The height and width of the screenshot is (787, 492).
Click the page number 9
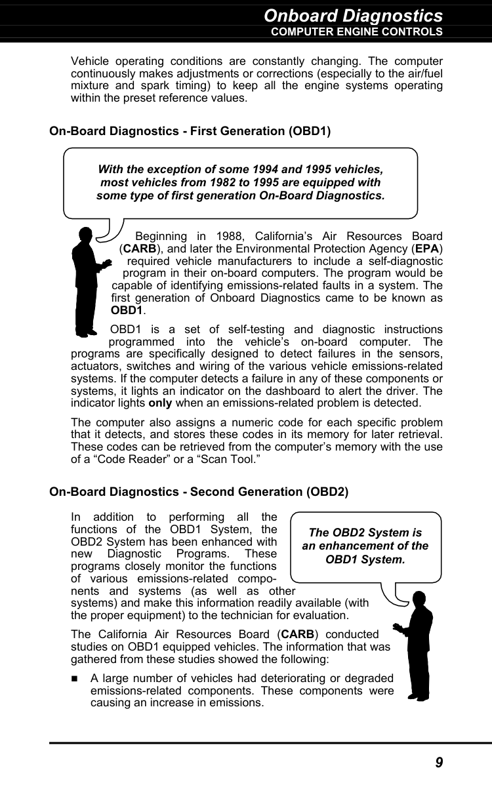[439, 762]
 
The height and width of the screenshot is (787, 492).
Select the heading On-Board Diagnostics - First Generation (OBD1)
[190, 131]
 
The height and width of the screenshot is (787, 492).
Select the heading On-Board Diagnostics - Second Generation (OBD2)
[199, 491]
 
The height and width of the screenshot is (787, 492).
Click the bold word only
[160, 402]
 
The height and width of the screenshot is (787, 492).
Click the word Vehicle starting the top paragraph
[90, 60]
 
